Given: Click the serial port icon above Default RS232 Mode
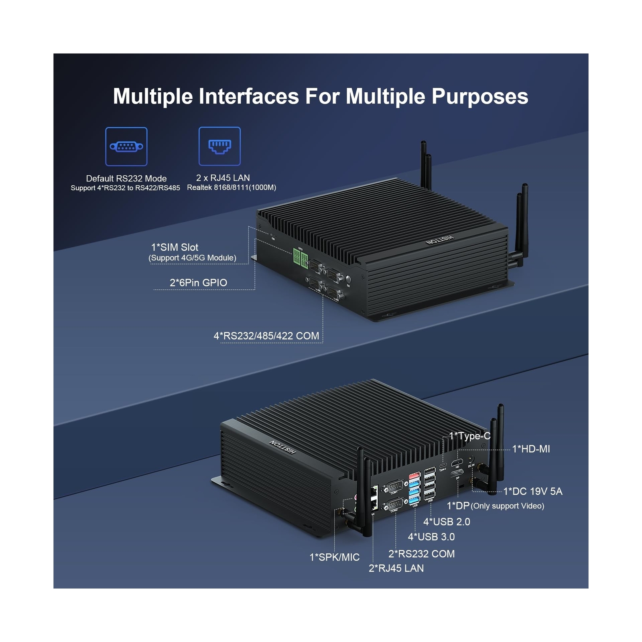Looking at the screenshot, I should (126, 146).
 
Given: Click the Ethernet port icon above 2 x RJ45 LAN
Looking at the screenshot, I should (219, 146).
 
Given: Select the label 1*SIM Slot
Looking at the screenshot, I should (175, 247).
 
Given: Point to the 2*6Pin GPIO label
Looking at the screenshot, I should (198, 282).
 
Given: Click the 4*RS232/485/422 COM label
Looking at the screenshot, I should (266, 336).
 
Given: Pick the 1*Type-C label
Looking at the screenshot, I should (469, 436).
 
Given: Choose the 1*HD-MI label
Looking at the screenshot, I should (531, 449).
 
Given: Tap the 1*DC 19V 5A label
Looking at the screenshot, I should (533, 491).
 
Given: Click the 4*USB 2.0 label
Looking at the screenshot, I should (447, 522).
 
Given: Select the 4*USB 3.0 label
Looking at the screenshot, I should (431, 537).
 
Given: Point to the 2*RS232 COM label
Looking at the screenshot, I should (421, 554).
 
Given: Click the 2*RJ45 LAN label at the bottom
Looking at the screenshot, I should (396, 568).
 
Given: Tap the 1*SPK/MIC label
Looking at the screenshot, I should (334, 557).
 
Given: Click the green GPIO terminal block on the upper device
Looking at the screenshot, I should (300, 258).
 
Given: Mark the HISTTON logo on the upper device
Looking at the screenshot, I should (439, 240).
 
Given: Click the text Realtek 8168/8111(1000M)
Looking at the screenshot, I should (232, 187).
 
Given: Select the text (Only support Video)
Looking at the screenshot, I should (507, 506).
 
